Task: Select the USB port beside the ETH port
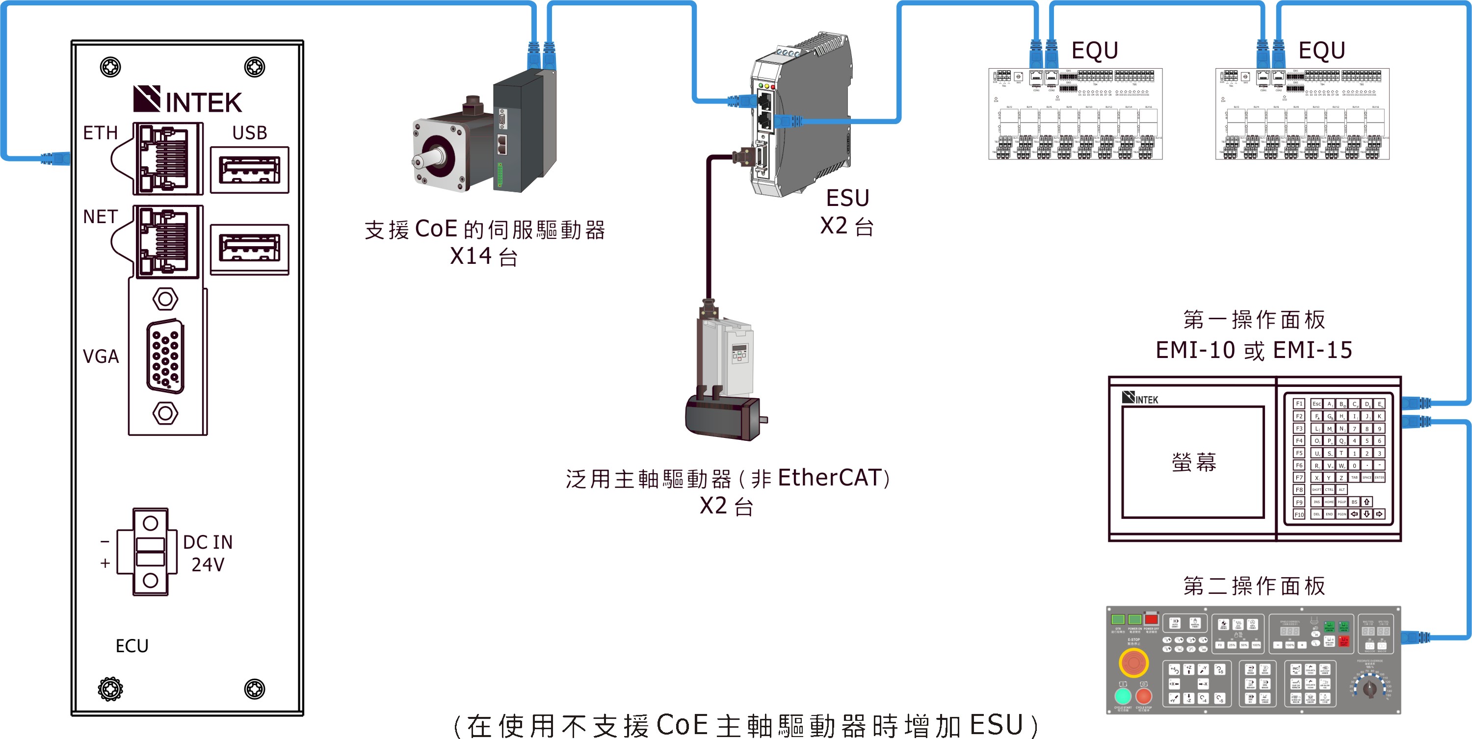250,170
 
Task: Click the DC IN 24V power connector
150,552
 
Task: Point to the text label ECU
132,646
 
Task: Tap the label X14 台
483,256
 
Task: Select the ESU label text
847,198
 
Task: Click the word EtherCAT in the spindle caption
829,478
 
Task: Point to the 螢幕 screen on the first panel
1193,462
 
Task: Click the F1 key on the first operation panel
1299,404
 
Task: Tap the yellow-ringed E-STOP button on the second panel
1134,663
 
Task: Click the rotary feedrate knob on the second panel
1370,688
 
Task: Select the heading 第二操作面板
1254,586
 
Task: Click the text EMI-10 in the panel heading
1195,350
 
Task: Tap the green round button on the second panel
1123,695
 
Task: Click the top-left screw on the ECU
110,67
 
